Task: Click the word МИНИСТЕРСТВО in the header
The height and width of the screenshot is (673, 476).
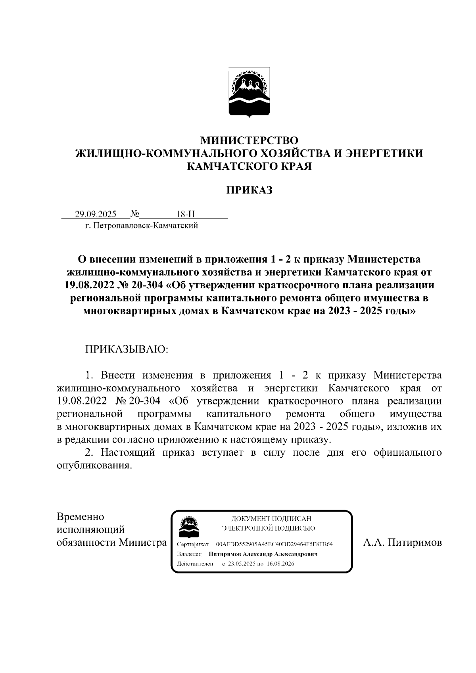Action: click(x=249, y=140)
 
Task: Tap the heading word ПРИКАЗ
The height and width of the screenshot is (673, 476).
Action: click(x=249, y=190)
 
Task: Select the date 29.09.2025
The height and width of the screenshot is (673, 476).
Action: click(x=96, y=215)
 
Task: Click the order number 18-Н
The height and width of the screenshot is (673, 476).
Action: click(x=186, y=215)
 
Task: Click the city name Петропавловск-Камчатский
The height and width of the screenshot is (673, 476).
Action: click(x=146, y=226)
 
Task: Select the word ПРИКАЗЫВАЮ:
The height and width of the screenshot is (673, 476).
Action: click(x=126, y=349)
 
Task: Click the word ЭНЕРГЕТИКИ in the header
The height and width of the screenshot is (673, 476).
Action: click(x=384, y=153)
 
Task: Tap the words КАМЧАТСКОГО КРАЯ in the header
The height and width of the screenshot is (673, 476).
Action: click(x=249, y=166)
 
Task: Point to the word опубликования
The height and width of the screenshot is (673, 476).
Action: click(x=94, y=465)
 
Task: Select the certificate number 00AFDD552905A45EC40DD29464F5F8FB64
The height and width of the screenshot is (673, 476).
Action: click(x=274, y=544)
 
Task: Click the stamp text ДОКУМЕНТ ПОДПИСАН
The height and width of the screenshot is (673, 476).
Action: click(x=271, y=519)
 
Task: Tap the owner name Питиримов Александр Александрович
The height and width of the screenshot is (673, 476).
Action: click(x=263, y=554)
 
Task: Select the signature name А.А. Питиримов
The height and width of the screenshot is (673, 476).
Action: click(x=403, y=542)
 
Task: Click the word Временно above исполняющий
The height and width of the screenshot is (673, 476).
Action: click(x=81, y=517)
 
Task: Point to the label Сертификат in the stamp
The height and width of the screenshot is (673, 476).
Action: click(x=193, y=544)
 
